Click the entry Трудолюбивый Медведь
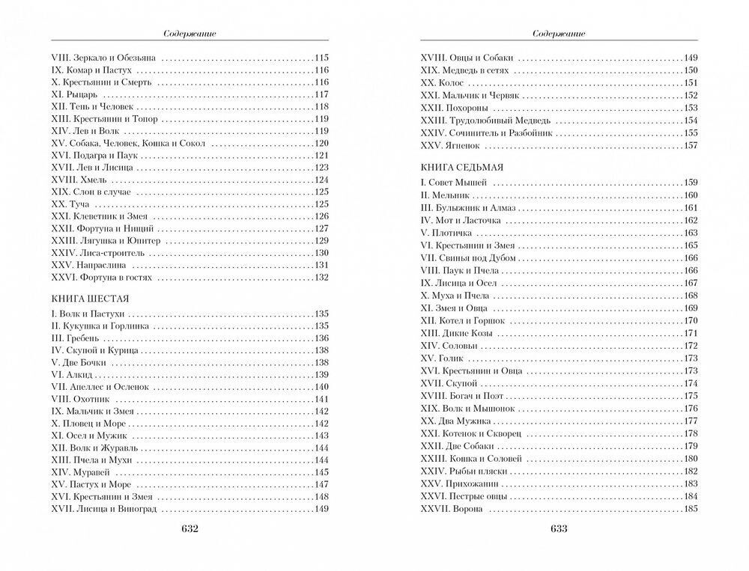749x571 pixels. [x=497, y=120]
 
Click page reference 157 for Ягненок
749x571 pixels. [x=691, y=145]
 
